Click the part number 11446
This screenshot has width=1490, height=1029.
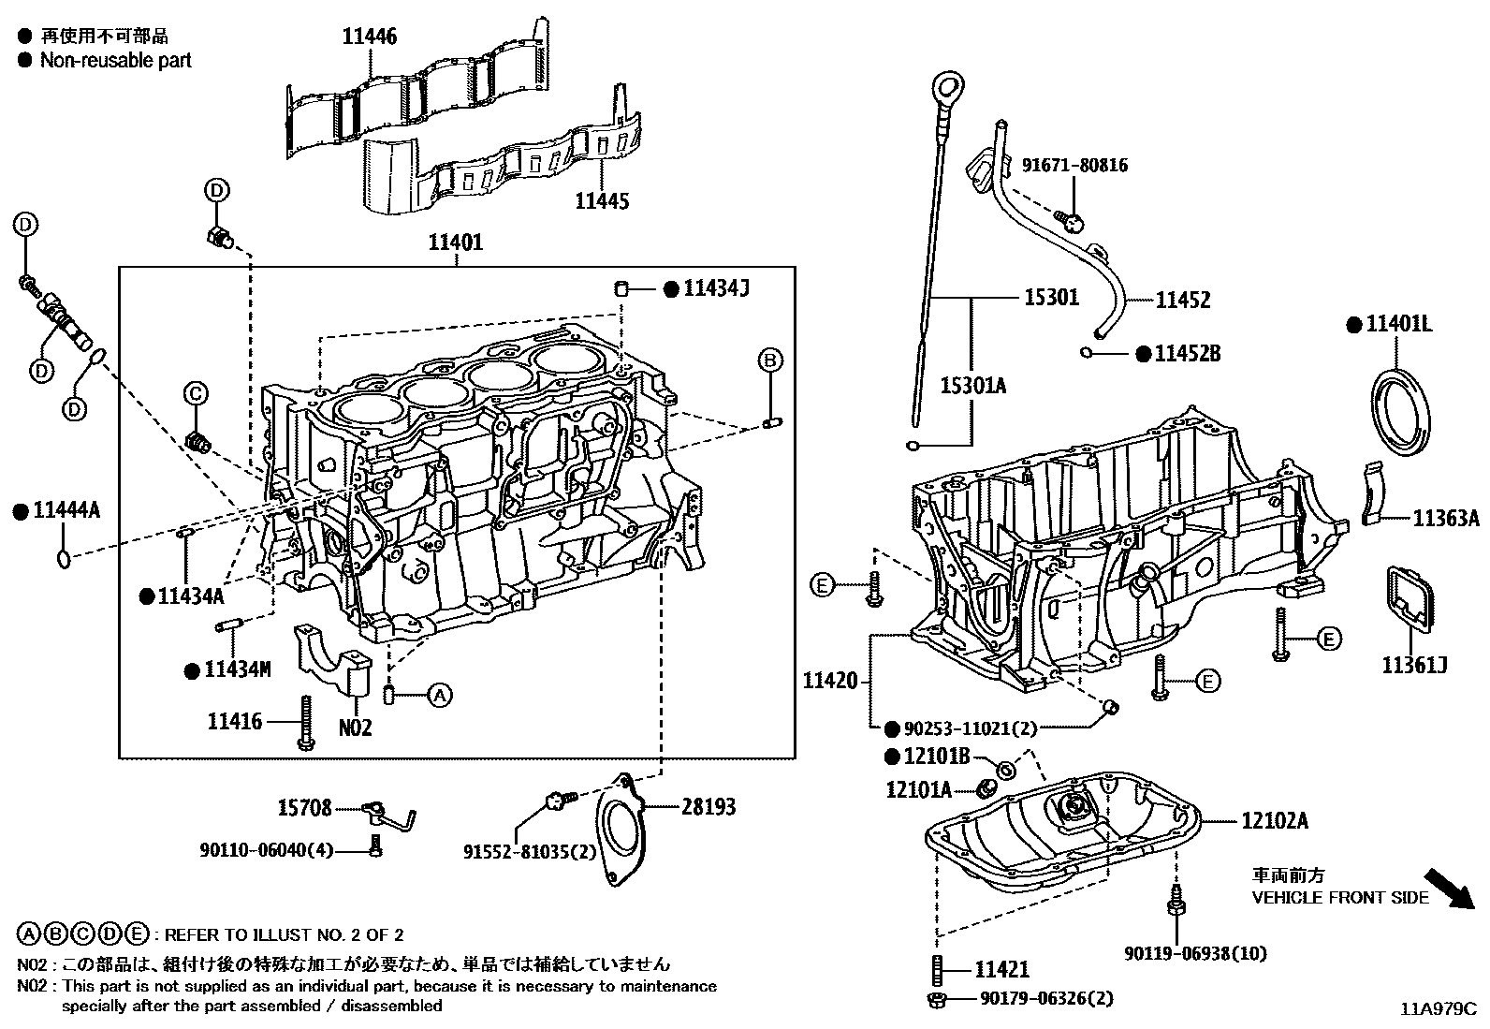[x=369, y=37]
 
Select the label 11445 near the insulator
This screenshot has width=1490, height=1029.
[x=602, y=200]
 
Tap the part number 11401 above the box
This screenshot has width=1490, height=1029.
[x=456, y=243]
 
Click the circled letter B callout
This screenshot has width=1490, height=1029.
[x=769, y=360]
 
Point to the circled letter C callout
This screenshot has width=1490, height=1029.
[x=197, y=394]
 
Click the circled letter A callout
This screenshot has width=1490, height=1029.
[x=440, y=695]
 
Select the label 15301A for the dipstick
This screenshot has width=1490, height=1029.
[x=973, y=385]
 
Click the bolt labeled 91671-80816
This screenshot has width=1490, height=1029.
[x=1071, y=220]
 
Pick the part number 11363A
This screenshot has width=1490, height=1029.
[x=1445, y=519]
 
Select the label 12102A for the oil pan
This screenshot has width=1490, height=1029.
[x=1275, y=821]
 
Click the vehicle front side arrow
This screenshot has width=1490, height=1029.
[x=1448, y=889]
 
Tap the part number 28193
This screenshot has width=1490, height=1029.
[x=708, y=806]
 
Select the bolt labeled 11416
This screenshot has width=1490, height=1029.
[x=305, y=724]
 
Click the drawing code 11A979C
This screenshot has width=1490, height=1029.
[x=1437, y=1009]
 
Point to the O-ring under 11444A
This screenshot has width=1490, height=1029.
[x=63, y=558]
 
